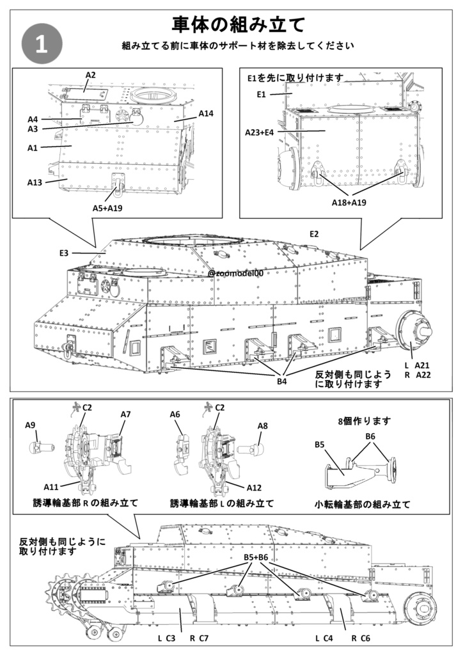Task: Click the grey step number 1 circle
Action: [42, 44]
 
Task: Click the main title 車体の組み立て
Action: [239, 24]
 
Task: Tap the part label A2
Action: [91, 75]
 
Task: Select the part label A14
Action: [205, 113]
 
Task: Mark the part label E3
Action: [63, 253]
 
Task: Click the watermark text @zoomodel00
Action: [235, 273]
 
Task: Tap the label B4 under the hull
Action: [282, 382]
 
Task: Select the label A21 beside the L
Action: [421, 365]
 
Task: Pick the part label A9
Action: [30, 425]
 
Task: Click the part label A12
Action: [254, 488]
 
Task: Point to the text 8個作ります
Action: [364, 422]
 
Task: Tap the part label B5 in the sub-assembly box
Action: [320, 445]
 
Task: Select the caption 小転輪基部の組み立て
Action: [363, 503]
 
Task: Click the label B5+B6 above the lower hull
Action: [255, 557]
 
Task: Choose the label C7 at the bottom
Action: [204, 638]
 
